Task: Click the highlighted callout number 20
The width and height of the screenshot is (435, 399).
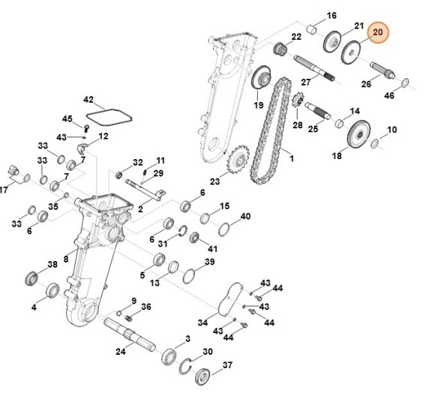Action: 378,32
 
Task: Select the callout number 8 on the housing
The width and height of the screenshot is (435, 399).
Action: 66,259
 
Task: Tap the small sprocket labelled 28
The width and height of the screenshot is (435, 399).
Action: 296,99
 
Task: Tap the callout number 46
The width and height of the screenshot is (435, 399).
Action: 410,97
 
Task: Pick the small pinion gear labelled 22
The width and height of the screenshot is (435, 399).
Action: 281,50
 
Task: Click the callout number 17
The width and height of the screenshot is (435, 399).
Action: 4,189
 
